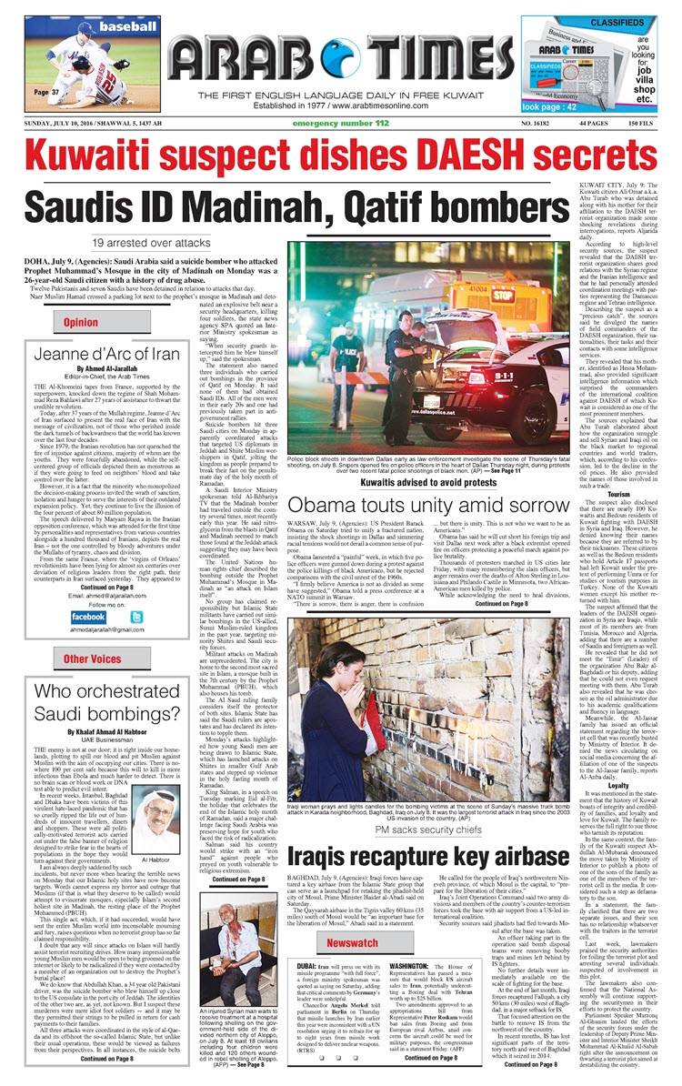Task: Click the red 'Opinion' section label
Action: pos(81,322)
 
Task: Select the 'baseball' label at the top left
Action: pos(102,27)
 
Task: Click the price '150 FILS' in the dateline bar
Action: pos(647,122)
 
